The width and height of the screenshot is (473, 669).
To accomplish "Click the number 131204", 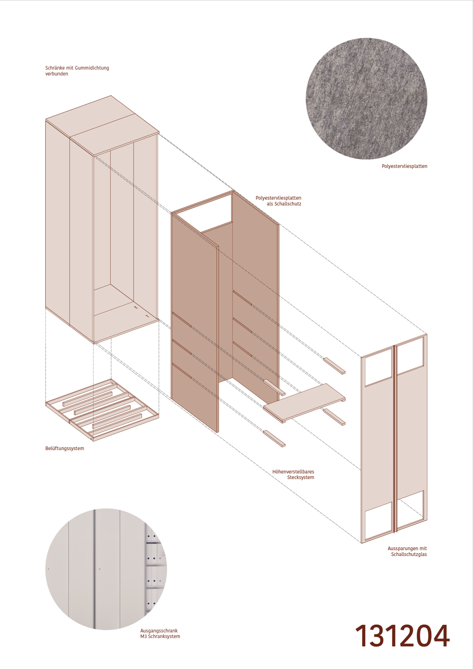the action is [x=403, y=636].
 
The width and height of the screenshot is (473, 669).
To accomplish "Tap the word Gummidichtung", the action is [x=92, y=68].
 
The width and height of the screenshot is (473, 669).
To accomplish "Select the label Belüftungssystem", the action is [x=65, y=448].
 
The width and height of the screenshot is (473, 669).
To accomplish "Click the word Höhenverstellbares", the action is [x=293, y=472].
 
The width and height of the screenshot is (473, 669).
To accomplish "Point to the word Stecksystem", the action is [x=300, y=477].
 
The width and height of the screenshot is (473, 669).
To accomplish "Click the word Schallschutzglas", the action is [x=409, y=554].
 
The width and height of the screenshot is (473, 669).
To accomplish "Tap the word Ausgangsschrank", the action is [x=159, y=631].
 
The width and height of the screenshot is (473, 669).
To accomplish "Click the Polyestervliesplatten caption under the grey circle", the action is [x=404, y=166].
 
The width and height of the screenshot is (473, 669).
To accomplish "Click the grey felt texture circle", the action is [x=367, y=99].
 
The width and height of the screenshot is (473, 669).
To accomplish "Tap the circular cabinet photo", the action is [x=106, y=569].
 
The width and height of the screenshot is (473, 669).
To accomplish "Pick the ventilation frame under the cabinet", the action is [x=102, y=410].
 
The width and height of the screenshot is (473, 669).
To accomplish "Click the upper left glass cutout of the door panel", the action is [x=379, y=367].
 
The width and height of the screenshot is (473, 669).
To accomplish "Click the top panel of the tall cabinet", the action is [x=102, y=125].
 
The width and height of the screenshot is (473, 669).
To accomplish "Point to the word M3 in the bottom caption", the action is [x=144, y=636].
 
